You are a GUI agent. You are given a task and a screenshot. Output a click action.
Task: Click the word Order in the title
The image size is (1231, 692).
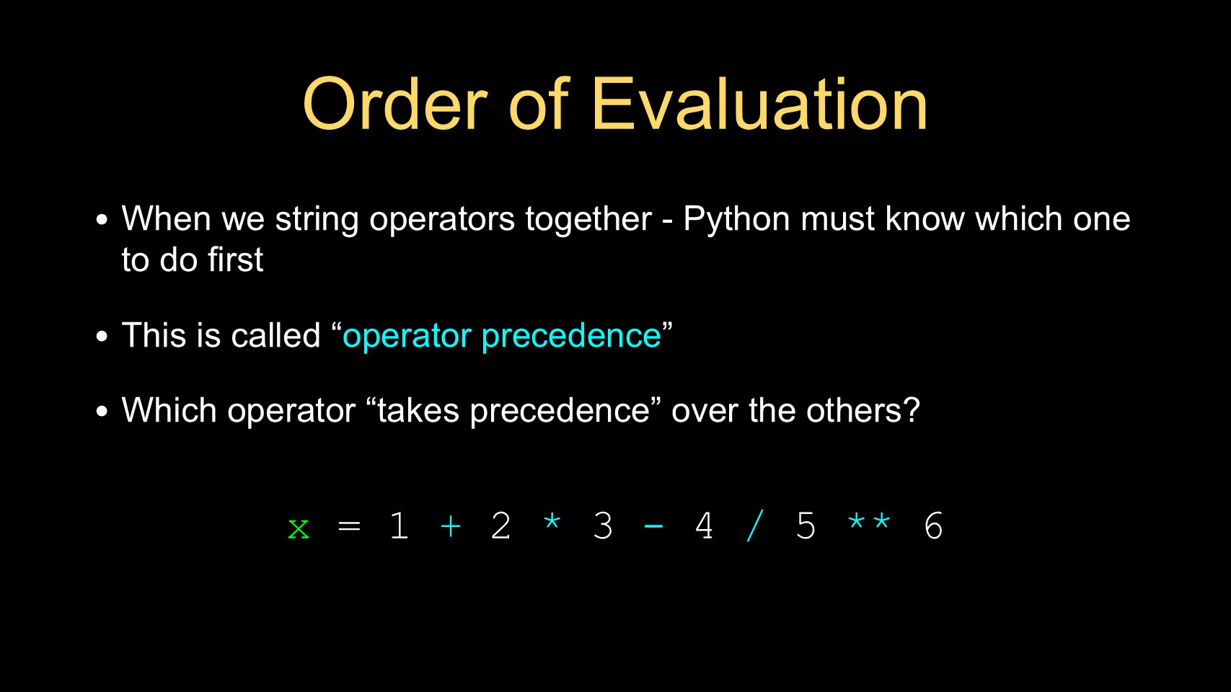point(395,104)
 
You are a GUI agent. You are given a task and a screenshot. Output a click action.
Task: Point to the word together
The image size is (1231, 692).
point(588,220)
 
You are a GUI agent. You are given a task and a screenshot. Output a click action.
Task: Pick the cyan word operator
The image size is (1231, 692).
point(407,336)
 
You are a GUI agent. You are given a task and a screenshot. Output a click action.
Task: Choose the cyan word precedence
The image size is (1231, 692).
point(571,336)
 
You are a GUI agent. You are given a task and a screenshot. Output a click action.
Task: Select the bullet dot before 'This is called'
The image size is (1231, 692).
point(102,336)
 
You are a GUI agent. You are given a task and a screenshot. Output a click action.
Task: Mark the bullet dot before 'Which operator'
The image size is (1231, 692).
point(102,412)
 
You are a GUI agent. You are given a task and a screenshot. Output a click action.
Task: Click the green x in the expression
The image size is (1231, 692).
point(299,529)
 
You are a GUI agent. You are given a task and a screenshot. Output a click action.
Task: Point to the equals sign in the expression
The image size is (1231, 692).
point(350,526)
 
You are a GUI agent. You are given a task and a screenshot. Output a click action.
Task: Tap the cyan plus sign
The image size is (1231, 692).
point(451,526)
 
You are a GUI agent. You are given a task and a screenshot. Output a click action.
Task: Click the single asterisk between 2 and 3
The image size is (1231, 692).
point(552,520)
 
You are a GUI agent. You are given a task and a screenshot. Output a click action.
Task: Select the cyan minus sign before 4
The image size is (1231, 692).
point(653,526)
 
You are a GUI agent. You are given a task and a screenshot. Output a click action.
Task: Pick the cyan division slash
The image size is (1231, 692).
point(755,525)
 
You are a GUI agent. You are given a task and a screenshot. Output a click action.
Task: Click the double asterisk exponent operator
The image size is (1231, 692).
point(869,520)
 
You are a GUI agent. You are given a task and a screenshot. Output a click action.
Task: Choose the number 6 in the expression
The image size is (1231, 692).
point(933,525)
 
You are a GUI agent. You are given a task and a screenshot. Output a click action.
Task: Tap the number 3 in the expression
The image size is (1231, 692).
point(603,525)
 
